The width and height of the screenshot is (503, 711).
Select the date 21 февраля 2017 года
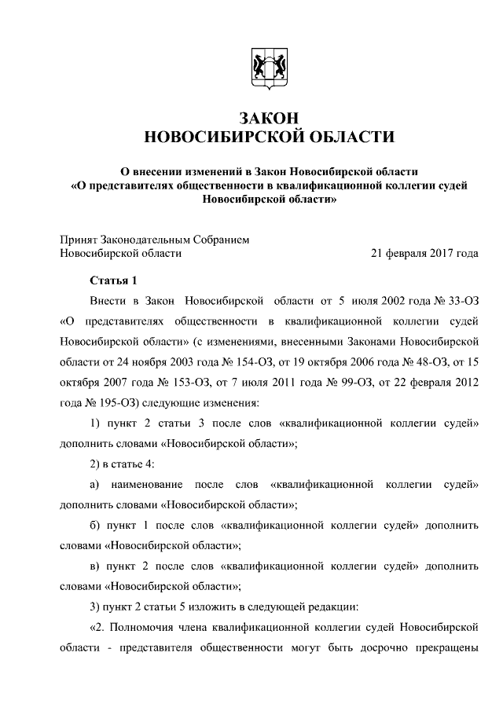pos(424,253)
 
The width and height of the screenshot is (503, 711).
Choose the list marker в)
pos(94,566)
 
